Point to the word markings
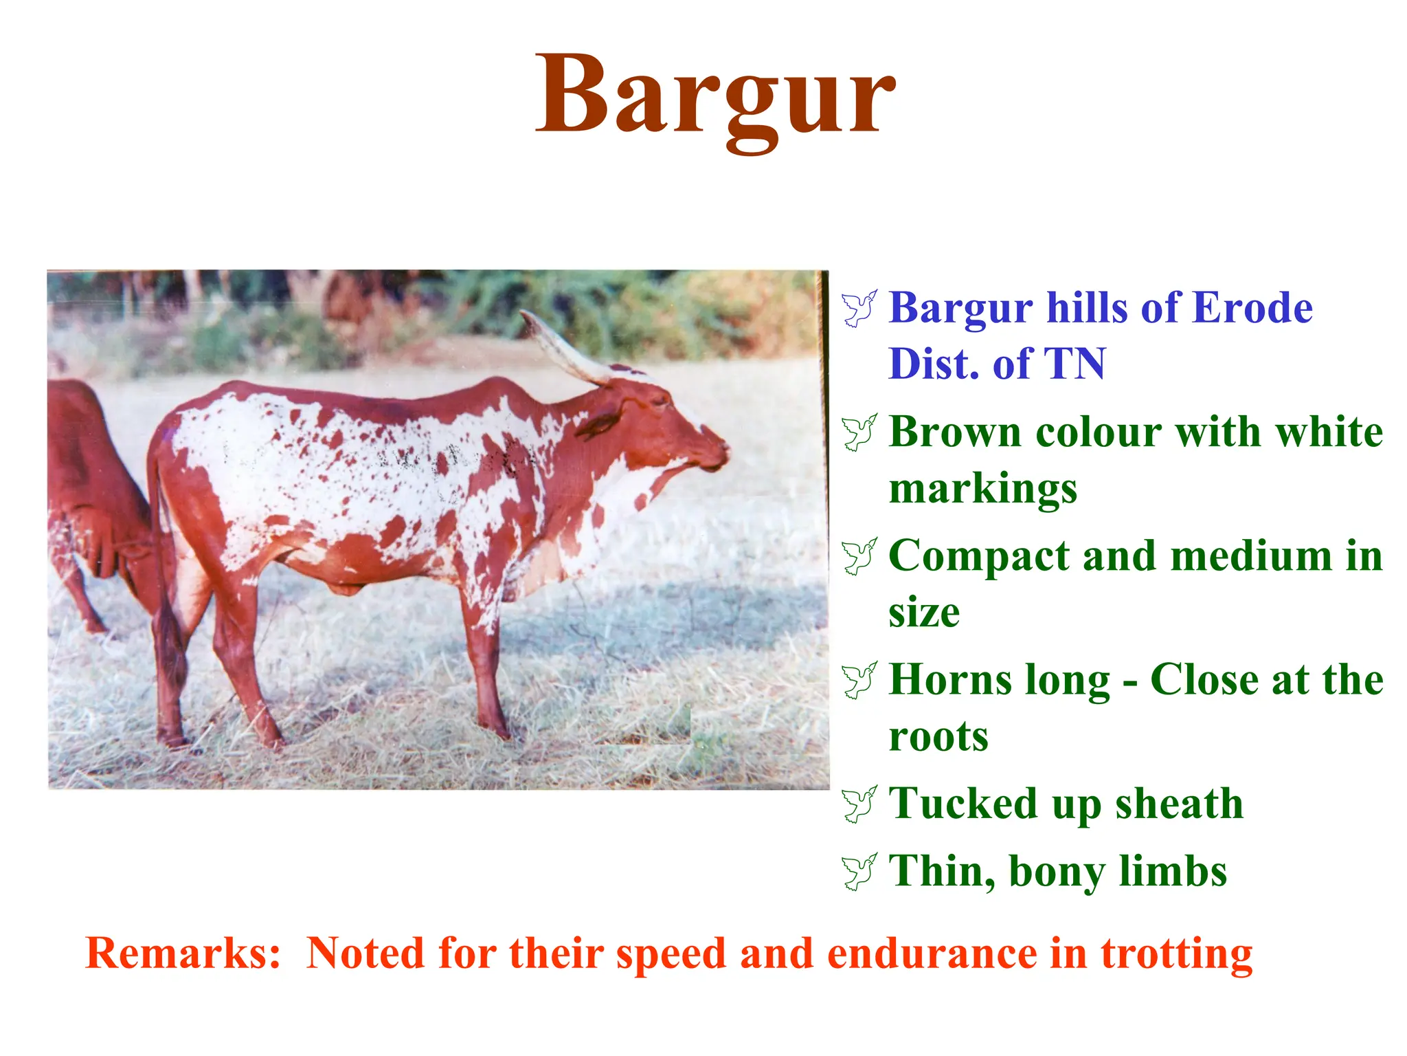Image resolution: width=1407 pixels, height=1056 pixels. [982, 489]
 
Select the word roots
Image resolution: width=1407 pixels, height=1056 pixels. [938, 736]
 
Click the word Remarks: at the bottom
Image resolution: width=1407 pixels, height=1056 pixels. [183, 954]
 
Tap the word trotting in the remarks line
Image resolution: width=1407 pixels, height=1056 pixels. [1176, 954]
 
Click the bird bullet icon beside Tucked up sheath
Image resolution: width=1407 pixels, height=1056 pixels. [859, 804]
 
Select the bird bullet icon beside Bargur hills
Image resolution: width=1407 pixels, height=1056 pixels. [859, 309]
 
